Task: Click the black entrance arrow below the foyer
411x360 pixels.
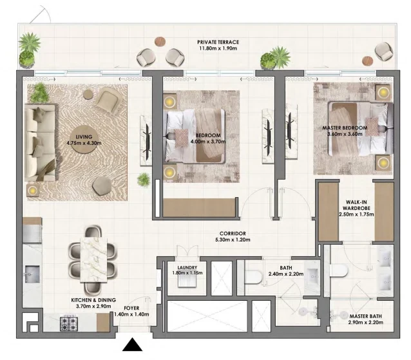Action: tap(132, 345)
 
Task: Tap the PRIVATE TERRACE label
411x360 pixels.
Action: tap(218, 43)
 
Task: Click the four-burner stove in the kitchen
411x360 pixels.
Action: tap(69, 324)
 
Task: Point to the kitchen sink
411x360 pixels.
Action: tap(32, 274)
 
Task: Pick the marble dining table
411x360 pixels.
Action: tap(93, 260)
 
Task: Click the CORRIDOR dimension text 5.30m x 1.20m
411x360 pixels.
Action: tap(233, 240)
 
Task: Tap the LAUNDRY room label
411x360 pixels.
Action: tap(187, 268)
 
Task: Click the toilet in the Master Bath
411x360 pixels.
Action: tap(339, 270)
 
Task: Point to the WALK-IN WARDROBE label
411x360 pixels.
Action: tap(356, 205)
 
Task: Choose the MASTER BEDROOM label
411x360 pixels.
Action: tap(345, 128)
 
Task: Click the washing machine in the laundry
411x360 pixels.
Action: tap(187, 281)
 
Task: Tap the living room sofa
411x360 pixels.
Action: tap(40, 143)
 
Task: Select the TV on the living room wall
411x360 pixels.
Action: tap(148, 142)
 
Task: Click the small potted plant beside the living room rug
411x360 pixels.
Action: tap(144, 180)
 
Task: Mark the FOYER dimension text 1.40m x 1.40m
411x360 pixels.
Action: tap(131, 314)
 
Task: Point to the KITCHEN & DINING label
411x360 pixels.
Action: tap(93, 300)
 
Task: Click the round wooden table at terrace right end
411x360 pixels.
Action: tap(367, 61)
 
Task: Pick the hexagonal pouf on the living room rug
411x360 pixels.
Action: tap(101, 185)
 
